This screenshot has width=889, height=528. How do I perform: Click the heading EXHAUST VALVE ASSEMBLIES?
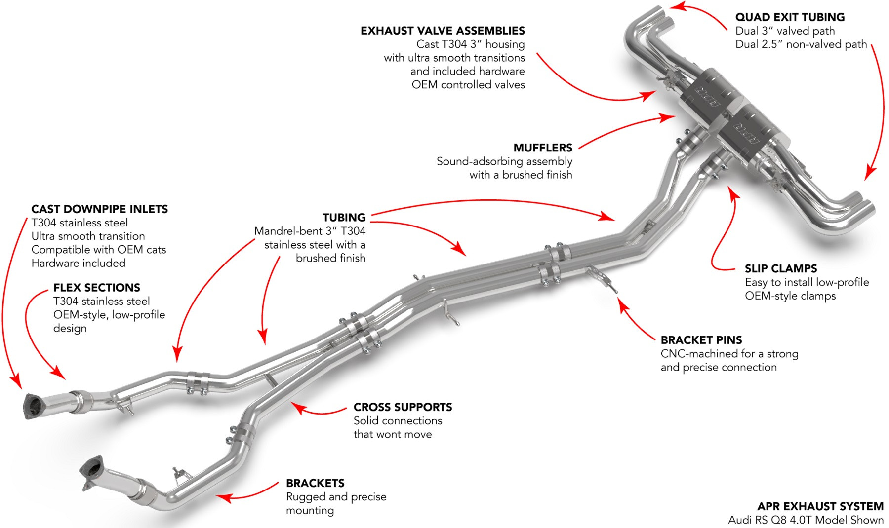coord(443,31)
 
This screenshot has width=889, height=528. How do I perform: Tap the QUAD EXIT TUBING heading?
coord(790,17)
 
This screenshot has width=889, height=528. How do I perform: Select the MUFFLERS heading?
coord(542,148)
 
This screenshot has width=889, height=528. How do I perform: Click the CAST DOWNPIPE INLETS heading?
coord(99,209)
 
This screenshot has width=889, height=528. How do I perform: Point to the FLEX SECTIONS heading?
coord(96,288)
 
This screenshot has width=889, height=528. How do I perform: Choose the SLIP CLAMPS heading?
coord(780,269)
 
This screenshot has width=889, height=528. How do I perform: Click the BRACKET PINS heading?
coord(701,340)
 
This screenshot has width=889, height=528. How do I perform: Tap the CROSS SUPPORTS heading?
coord(403,407)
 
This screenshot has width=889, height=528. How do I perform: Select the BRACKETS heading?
coord(315,483)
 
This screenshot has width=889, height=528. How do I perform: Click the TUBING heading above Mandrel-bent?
coord(344,218)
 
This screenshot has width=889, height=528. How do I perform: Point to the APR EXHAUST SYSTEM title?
coord(820,506)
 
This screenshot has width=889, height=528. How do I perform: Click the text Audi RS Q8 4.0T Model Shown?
coord(806,520)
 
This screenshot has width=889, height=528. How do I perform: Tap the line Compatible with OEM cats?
coord(99,250)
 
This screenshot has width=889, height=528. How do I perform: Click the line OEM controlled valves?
coord(468,85)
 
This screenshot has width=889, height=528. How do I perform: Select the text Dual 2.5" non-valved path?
coord(801,44)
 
